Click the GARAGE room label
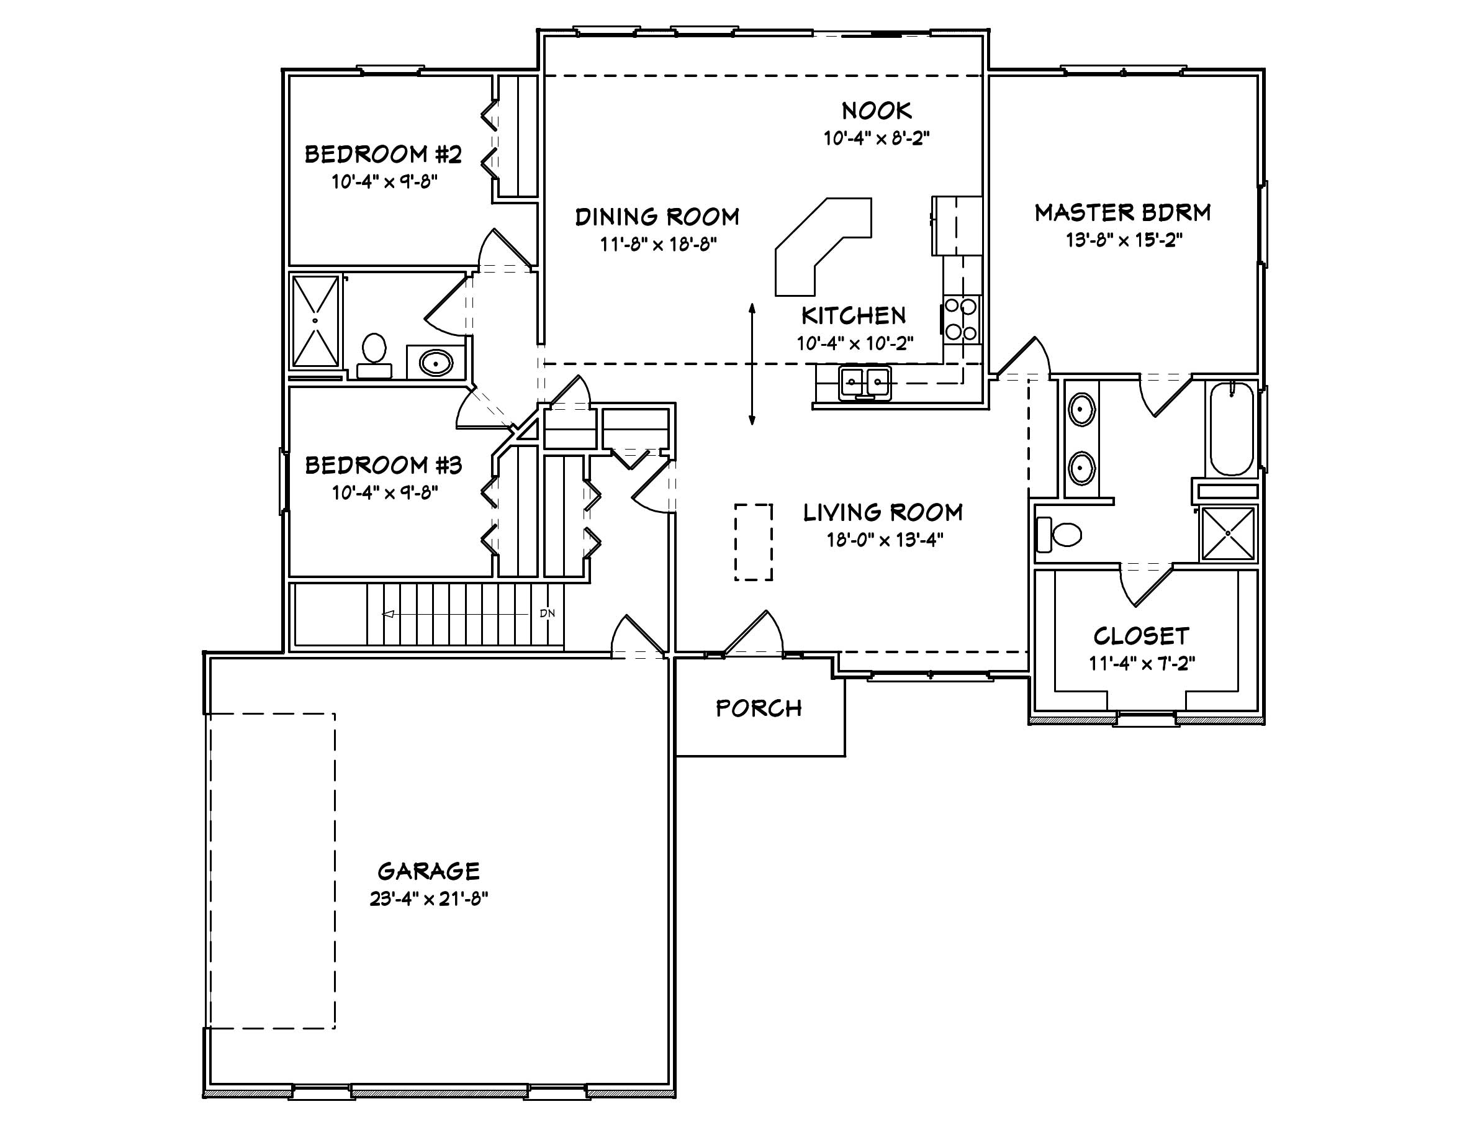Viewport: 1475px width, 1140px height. pyautogui.click(x=428, y=871)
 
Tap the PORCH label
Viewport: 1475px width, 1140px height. pyautogui.click(x=759, y=708)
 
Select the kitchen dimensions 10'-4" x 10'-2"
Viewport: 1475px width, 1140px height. pyautogui.click(x=854, y=344)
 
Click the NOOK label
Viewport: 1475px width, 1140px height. pyautogui.click(x=876, y=111)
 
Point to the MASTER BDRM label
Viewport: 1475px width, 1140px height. pyautogui.click(x=1122, y=213)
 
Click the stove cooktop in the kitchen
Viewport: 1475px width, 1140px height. pyautogui.click(x=960, y=319)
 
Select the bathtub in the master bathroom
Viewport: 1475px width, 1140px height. pyautogui.click(x=1231, y=429)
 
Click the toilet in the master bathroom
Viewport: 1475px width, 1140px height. pyautogui.click(x=1060, y=533)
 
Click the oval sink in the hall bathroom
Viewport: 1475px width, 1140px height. pyautogui.click(x=436, y=363)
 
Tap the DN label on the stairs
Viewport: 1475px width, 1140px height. pyautogui.click(x=547, y=613)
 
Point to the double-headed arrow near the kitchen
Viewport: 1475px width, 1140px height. pyautogui.click(x=752, y=364)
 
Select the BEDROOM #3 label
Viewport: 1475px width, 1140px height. pyautogui.click(x=383, y=465)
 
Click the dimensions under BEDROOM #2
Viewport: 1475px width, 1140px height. pyautogui.click(x=384, y=182)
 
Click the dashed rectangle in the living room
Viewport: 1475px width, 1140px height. pyautogui.click(x=753, y=541)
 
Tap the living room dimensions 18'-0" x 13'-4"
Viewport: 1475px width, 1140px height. pyautogui.click(x=884, y=540)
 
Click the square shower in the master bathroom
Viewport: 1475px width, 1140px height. pyautogui.click(x=1228, y=533)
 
